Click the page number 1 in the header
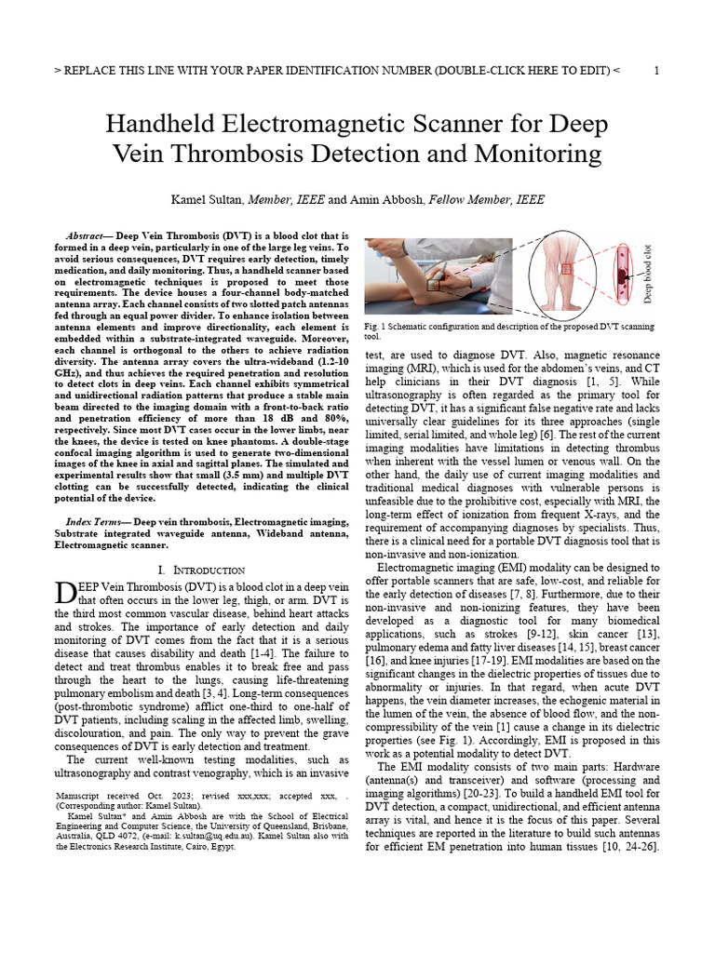tap(657, 71)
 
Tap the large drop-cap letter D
tap(64, 594)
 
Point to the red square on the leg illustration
tap(565, 269)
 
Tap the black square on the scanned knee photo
tap(433, 286)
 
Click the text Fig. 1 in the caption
tap(375, 328)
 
